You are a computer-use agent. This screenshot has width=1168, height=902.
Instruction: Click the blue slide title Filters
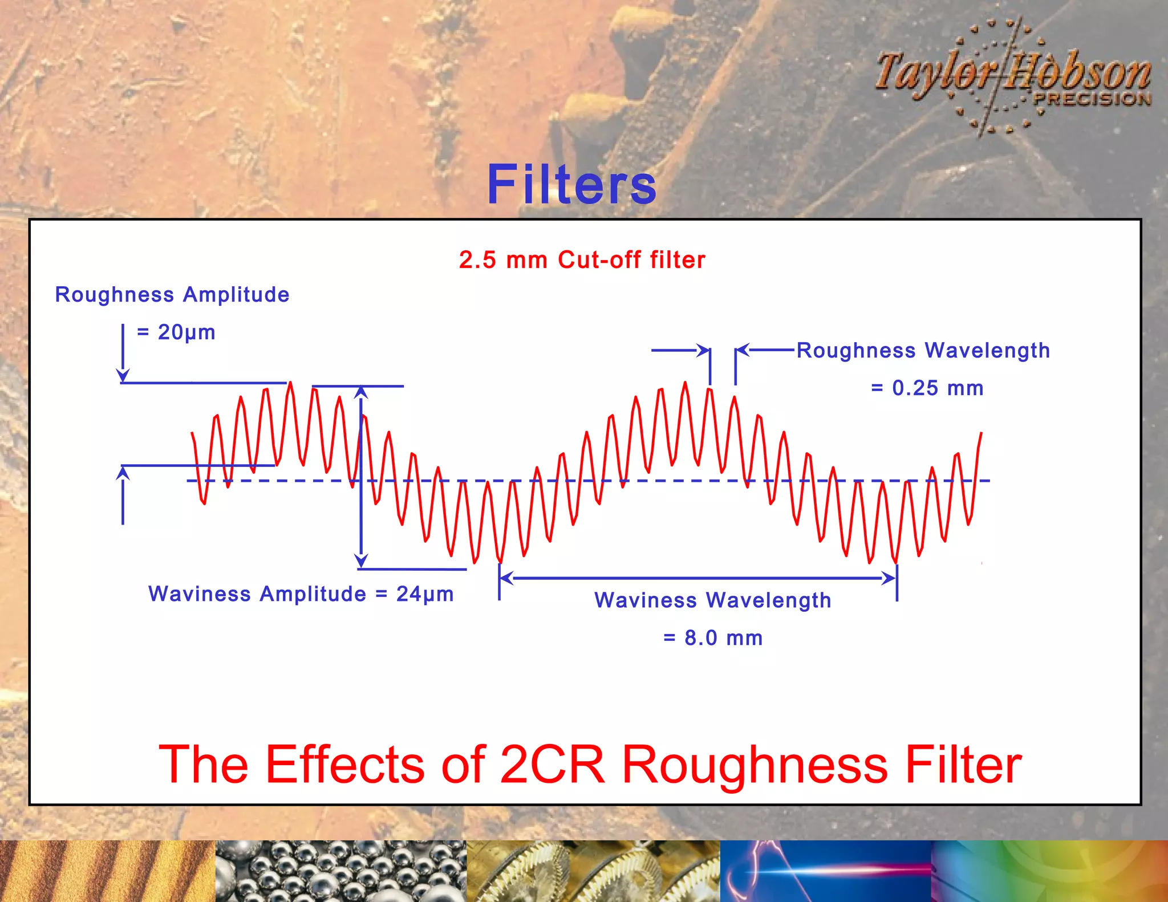coord(571,184)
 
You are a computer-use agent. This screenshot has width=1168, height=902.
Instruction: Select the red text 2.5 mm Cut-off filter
coord(582,260)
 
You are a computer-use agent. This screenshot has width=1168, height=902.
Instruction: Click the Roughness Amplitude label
coord(172,295)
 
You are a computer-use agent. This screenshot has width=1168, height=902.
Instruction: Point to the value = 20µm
coord(177,332)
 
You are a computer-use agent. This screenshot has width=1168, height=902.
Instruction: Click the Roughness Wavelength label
coord(923,350)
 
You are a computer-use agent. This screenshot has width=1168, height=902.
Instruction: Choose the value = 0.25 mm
coord(927,388)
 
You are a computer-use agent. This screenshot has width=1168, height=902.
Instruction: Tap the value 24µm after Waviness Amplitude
coord(425,594)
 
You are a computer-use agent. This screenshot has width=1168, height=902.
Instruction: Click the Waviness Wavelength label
coord(712,600)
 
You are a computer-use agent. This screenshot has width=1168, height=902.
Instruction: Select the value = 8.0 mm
coord(713,638)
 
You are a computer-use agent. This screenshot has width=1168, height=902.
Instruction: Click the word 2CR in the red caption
coord(552,765)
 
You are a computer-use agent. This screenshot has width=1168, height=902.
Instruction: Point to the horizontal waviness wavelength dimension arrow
coord(697,578)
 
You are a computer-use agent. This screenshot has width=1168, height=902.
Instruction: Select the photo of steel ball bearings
coord(341,871)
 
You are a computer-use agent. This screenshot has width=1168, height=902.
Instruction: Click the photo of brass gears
coord(593,871)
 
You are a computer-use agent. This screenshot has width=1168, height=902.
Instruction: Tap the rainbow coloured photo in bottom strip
coord(1049,871)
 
